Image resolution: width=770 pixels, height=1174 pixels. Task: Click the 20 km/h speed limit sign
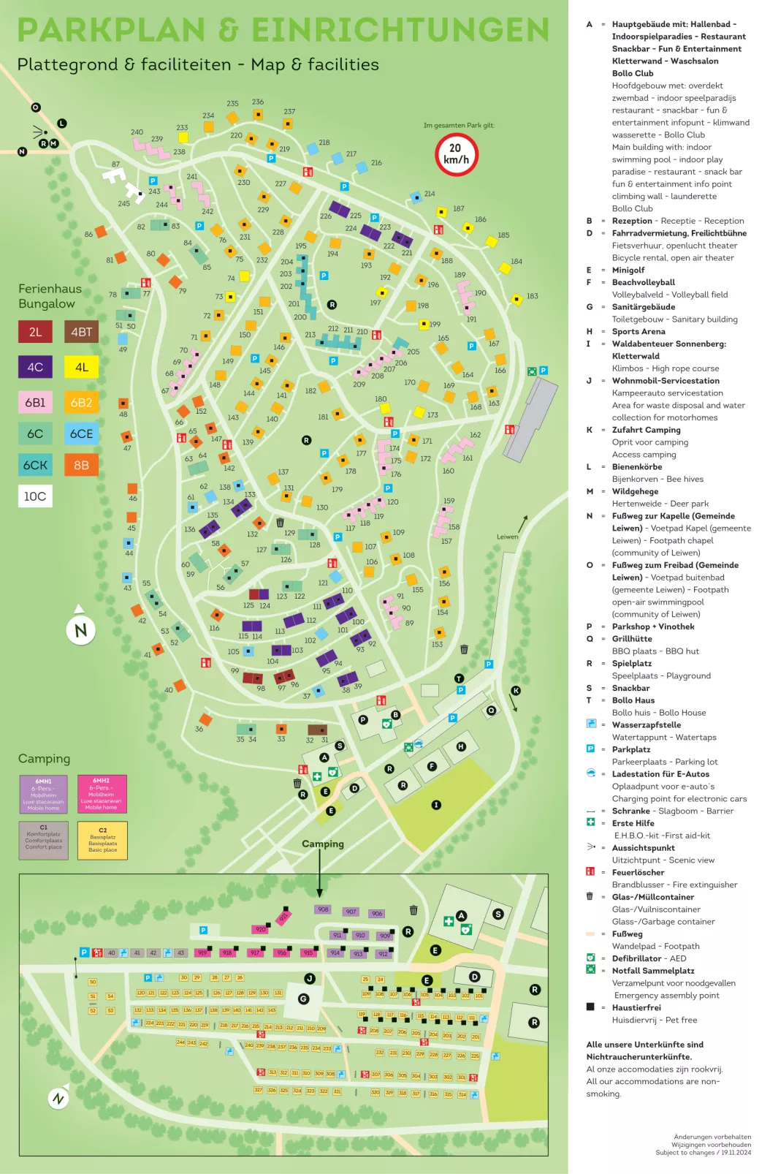pos(457,154)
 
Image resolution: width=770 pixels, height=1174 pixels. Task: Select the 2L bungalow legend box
pos(35,332)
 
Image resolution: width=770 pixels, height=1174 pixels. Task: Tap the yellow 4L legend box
pos(81,367)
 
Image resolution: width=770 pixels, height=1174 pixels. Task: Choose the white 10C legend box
pos(35,496)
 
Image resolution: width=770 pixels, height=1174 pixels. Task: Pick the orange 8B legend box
pos(81,465)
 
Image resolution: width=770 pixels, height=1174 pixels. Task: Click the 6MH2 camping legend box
pos(102,794)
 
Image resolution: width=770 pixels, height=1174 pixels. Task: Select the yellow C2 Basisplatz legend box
pos(102,840)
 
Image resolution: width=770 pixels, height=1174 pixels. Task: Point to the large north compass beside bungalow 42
pos(80,629)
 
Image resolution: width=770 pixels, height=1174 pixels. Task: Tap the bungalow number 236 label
pos(258,102)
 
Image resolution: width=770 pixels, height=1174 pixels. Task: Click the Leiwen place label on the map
pos(507,537)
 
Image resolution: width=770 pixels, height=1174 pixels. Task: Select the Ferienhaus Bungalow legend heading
pos(50,296)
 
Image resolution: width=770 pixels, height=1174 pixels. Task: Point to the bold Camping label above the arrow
pos(322,844)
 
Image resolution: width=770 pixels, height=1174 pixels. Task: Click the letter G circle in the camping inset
pos(303,999)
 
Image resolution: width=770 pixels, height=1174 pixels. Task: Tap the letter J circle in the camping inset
pos(310,978)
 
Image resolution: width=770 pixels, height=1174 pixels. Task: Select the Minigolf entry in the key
pos(628,270)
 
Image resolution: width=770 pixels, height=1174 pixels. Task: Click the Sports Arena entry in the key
pos(639,331)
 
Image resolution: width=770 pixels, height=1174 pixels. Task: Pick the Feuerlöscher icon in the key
pos(590,871)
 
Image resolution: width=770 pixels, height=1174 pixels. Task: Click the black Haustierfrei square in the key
pos(590,1007)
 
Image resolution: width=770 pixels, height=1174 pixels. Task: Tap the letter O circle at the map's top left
pos(35,107)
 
